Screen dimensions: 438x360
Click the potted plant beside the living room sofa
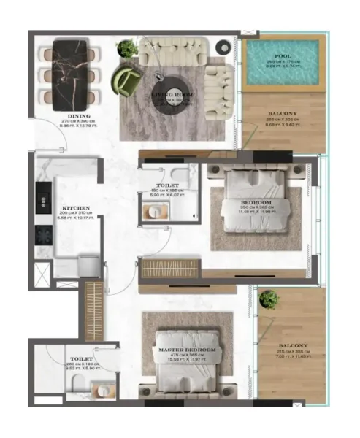point(129,47)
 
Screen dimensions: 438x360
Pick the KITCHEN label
point(76,207)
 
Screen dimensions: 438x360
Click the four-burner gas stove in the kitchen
point(43,234)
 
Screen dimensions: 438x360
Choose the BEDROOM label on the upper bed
point(257,201)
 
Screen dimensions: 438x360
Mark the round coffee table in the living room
point(172,91)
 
